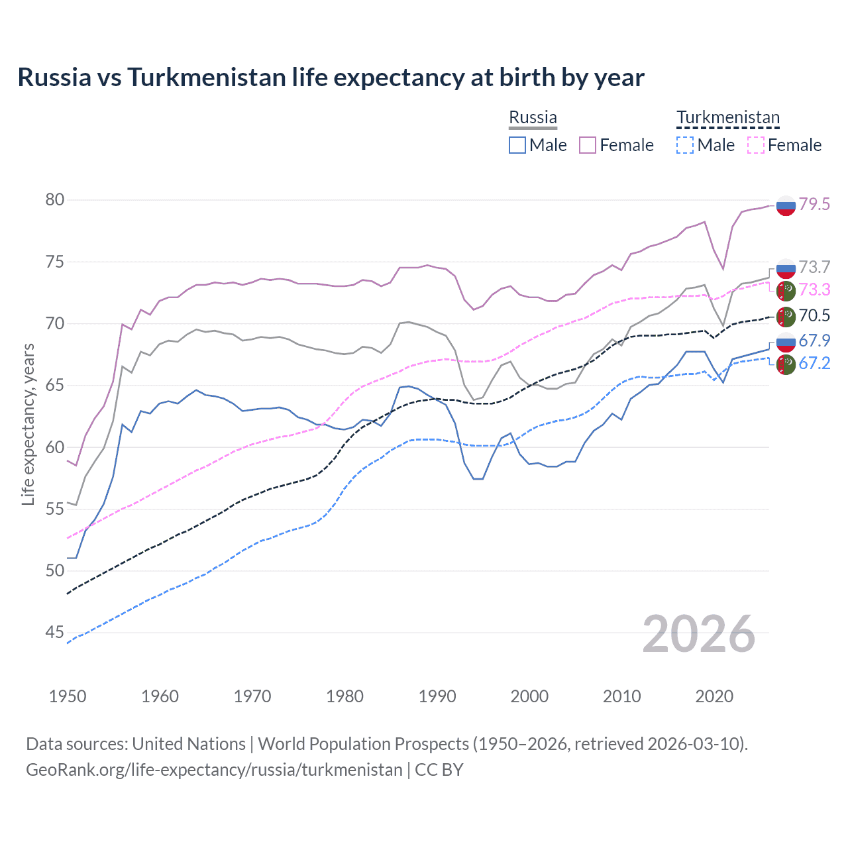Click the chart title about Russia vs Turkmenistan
coord(331,78)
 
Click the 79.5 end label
coord(814,204)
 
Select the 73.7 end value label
coord(814,267)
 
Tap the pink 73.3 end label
coord(814,290)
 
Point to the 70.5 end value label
coord(814,315)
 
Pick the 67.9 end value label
coord(814,341)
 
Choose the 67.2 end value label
coord(814,363)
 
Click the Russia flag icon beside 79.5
coord(786,206)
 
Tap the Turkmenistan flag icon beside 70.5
coord(786,317)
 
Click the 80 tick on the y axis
coord(55,200)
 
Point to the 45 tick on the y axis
coord(55,633)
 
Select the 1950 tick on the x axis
coord(68,696)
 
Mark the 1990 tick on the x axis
coord(437,696)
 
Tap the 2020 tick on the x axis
coord(714,696)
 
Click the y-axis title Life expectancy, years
coord(28,424)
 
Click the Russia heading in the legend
coord(533,117)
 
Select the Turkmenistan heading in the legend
coord(728,117)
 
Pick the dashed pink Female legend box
coord(756,145)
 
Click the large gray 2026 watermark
coord(699,634)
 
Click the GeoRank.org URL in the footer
coord(214,770)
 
